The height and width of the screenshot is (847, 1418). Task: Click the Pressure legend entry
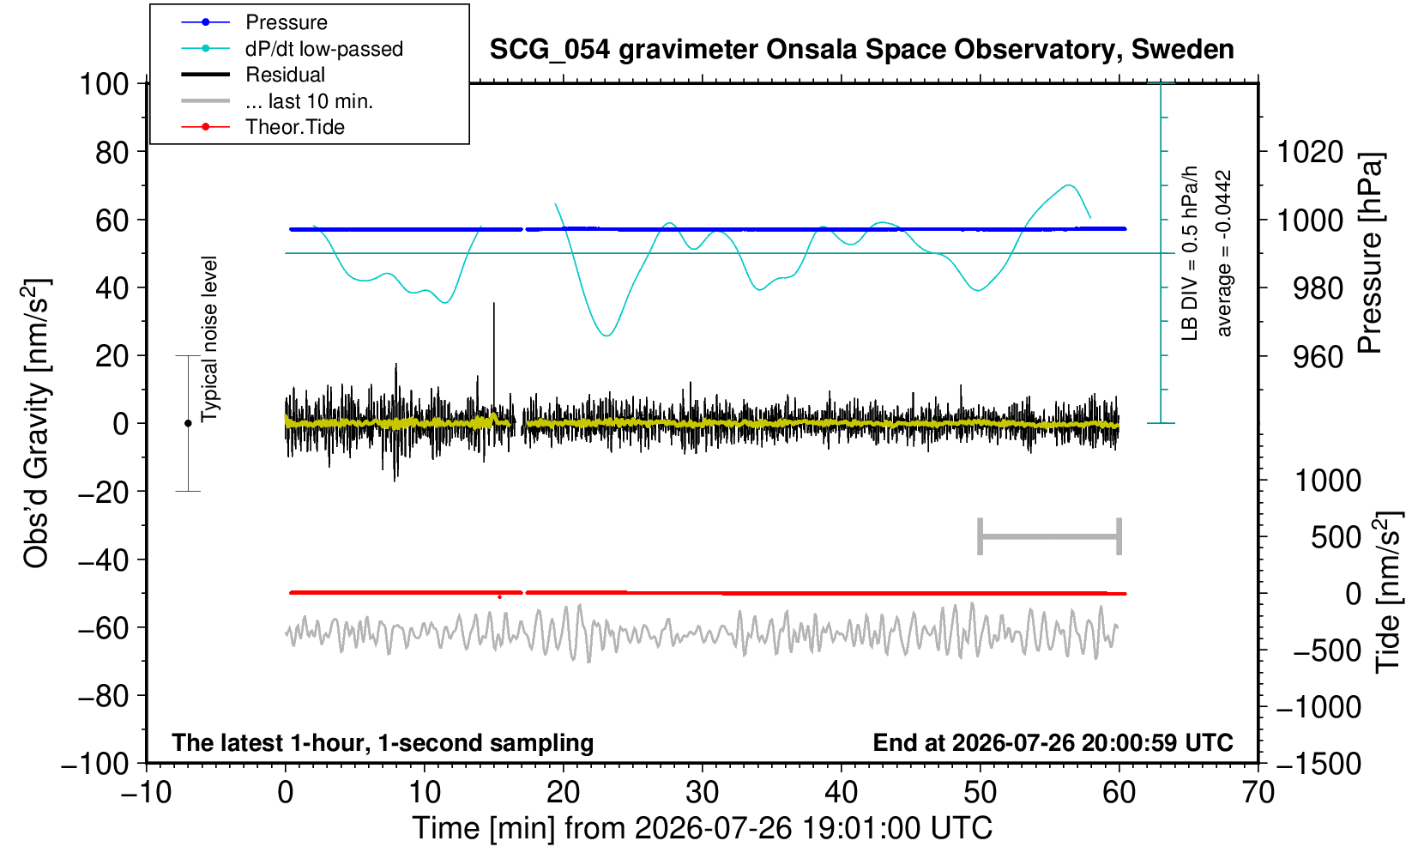tap(255, 22)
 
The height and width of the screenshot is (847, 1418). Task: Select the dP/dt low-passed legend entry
tap(292, 49)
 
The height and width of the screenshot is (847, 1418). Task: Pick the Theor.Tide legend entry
tap(262, 127)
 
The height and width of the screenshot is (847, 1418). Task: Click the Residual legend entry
tap(253, 75)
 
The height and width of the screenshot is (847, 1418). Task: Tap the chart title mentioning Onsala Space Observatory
tap(861, 50)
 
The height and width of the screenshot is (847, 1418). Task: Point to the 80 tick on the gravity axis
tap(112, 152)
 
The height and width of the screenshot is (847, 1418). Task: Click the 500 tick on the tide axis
tap(1336, 537)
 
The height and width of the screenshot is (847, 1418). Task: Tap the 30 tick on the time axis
tap(702, 792)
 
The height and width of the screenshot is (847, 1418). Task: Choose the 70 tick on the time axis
tap(1258, 792)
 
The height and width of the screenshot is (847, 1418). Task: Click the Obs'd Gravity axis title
tap(36, 423)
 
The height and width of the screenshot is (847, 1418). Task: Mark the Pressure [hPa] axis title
tap(1371, 253)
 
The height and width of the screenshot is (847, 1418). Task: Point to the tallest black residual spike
tap(494, 304)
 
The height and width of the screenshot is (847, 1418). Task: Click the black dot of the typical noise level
tap(188, 423)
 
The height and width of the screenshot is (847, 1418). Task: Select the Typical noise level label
tap(209, 339)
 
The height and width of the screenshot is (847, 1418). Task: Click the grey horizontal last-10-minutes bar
tap(1050, 536)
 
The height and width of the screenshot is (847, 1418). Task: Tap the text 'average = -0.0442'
tap(1224, 253)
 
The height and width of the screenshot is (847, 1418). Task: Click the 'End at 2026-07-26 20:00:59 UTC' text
tap(1053, 741)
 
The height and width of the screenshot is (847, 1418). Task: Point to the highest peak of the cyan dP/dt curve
tap(1069, 185)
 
